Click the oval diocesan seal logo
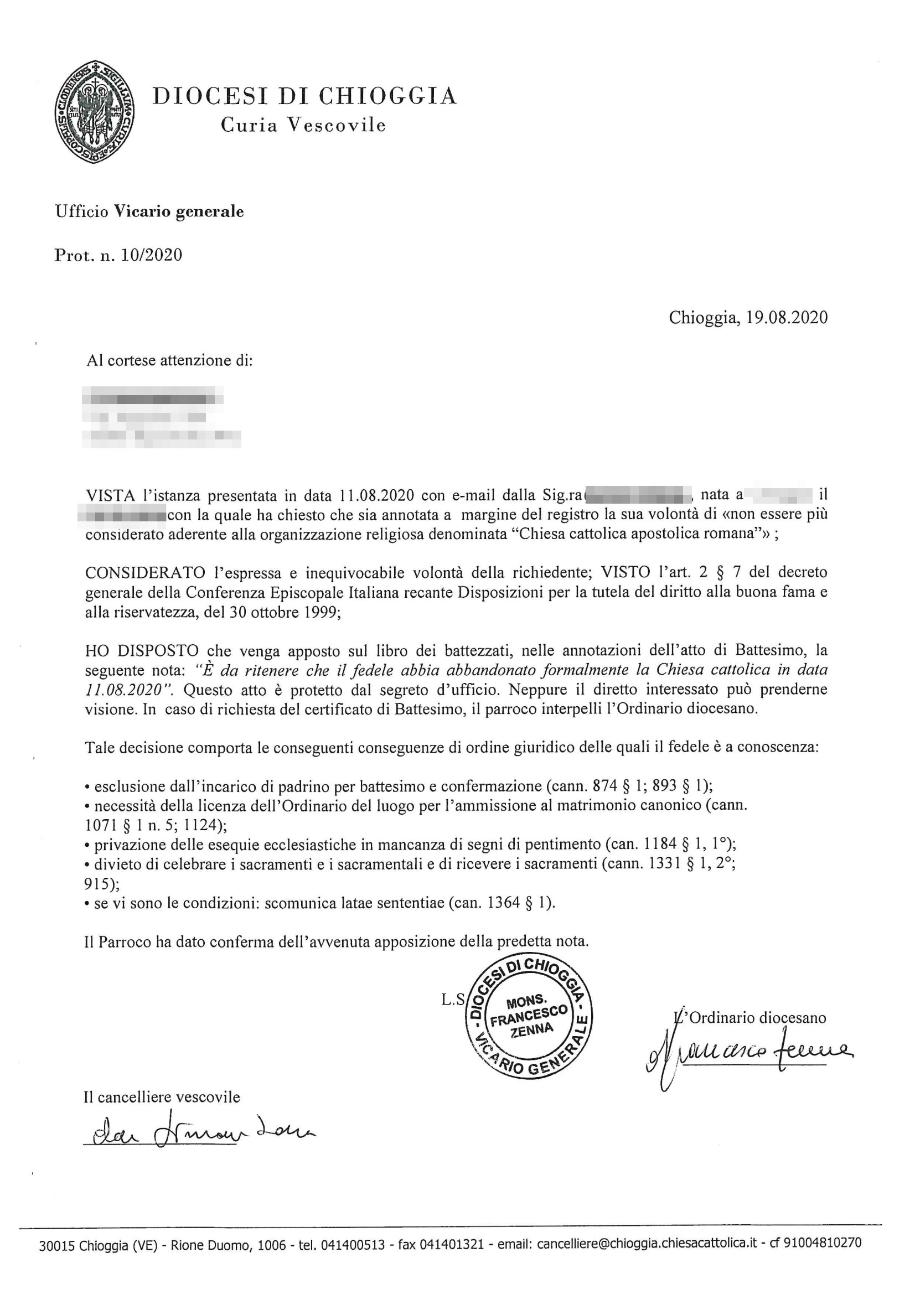point(94,112)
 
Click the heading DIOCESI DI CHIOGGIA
point(304,96)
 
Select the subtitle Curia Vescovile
point(303,125)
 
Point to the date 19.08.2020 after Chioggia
point(787,318)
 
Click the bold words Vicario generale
point(179,212)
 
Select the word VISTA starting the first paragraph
point(110,495)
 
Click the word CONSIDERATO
point(145,573)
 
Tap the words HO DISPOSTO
point(142,651)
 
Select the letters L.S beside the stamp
point(452,1000)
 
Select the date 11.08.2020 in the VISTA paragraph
point(377,495)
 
